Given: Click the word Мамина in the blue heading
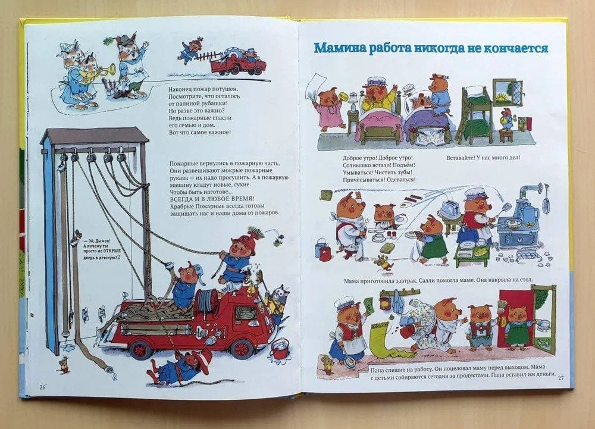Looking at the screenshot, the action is (x=340, y=49).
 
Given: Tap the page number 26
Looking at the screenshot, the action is (x=42, y=387).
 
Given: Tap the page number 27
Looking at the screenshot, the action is (x=561, y=377).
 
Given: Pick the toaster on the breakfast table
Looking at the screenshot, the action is (x=451, y=210).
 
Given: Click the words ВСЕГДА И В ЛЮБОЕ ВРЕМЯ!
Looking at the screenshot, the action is (x=212, y=199).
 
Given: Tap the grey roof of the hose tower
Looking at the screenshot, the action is (x=95, y=135).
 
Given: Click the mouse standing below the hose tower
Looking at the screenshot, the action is (x=64, y=365).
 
